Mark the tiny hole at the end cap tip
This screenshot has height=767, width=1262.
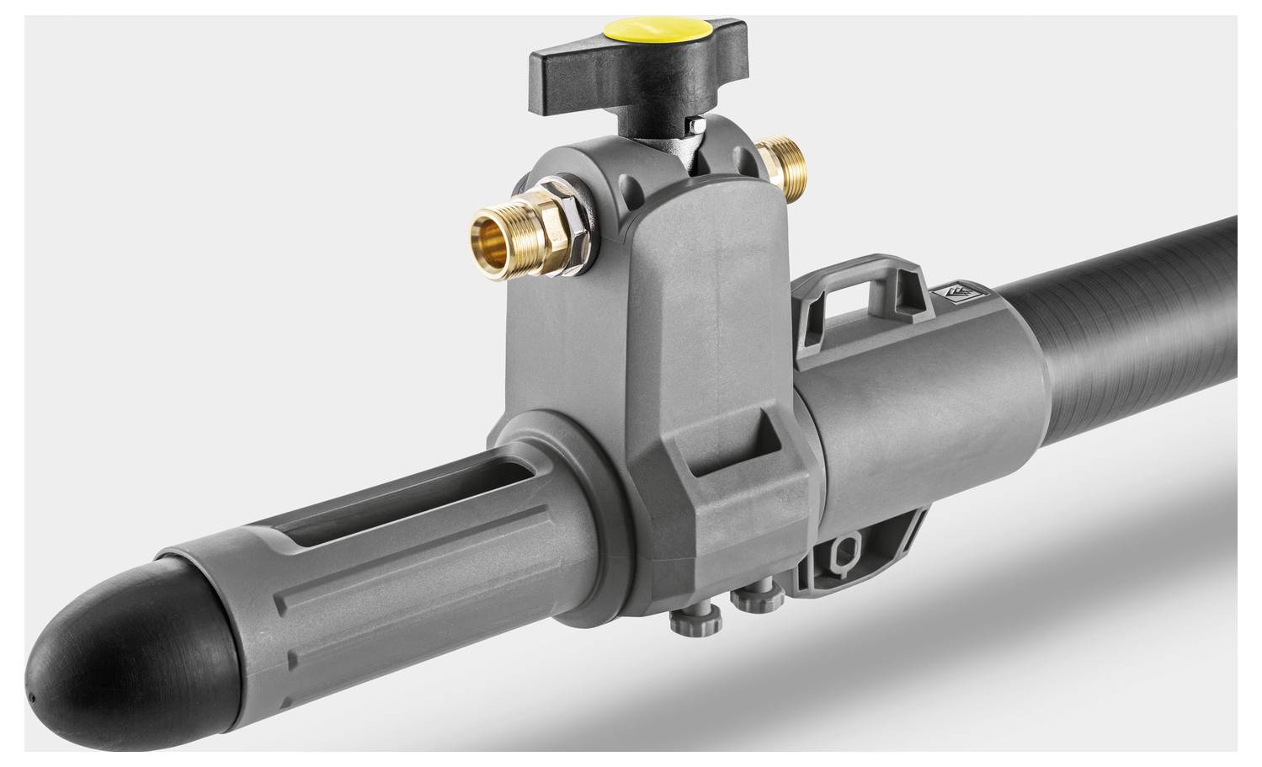[x=29, y=698]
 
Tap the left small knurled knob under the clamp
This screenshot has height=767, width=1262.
[x=689, y=621]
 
